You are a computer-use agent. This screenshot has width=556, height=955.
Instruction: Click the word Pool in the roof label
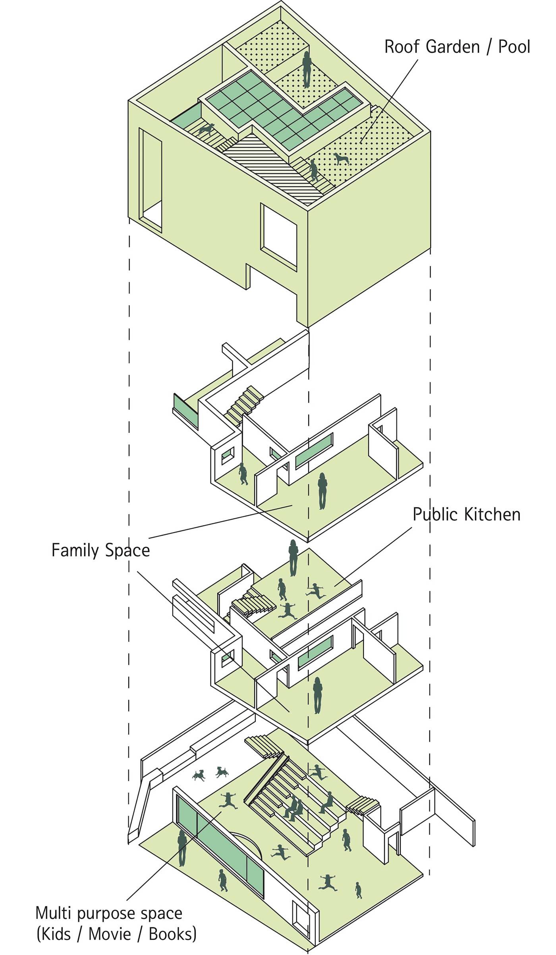point(514,47)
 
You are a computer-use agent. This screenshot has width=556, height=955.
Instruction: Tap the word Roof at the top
point(402,47)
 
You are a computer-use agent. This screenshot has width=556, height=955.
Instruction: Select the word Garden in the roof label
point(453,47)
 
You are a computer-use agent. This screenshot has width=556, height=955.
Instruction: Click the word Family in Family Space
point(75,551)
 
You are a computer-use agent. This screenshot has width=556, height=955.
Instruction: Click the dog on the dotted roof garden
point(341,159)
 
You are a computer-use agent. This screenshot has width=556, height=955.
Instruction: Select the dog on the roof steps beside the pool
point(207,129)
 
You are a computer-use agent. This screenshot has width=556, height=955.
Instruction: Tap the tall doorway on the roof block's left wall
point(151,180)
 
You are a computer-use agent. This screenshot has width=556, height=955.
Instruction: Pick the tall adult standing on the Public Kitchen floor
point(293,558)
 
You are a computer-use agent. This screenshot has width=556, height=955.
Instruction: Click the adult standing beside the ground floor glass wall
point(182,848)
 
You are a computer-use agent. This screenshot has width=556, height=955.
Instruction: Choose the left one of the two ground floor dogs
point(199,775)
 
